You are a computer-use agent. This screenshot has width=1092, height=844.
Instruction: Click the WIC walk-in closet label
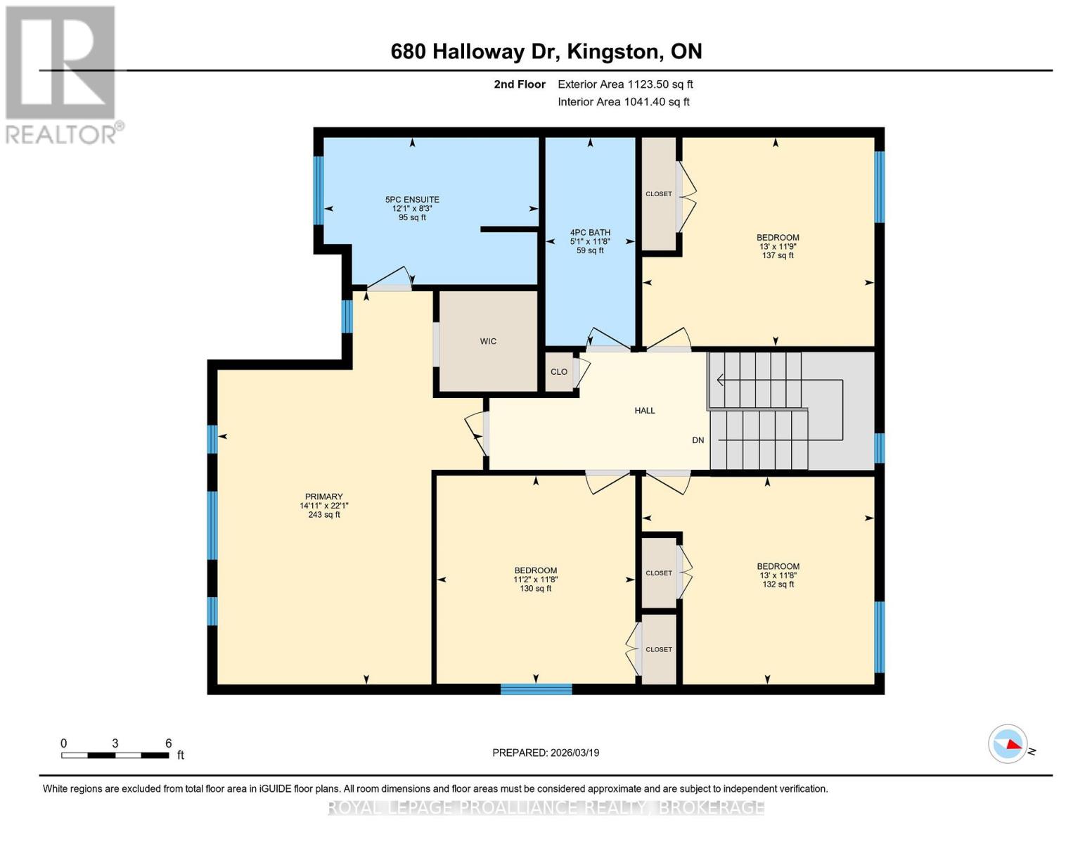(488, 341)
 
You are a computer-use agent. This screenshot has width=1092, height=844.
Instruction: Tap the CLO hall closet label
(559, 372)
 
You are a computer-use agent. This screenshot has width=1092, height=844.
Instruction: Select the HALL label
(645, 411)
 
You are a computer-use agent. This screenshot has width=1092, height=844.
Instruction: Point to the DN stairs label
(698, 440)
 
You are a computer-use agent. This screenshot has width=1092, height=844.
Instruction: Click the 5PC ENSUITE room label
(412, 200)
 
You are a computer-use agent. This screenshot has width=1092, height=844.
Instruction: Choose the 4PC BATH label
(590, 233)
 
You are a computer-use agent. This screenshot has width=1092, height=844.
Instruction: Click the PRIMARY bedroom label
(323, 497)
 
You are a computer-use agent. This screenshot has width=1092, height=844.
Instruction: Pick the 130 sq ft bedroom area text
(536, 589)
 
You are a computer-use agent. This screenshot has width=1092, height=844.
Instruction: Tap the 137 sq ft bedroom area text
(778, 255)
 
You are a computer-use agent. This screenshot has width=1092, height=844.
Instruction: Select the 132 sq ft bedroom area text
(778, 584)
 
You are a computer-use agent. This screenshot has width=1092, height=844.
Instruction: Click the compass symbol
(1008, 743)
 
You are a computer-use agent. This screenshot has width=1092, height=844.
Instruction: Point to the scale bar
(115, 755)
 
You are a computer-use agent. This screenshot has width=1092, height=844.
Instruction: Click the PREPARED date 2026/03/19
(546, 753)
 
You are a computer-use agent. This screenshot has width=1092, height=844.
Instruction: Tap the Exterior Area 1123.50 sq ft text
(625, 84)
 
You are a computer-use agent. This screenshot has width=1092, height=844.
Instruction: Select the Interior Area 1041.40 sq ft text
(624, 102)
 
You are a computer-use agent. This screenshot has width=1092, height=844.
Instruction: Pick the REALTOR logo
(63, 75)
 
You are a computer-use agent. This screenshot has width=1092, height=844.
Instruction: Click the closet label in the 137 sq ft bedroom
(659, 194)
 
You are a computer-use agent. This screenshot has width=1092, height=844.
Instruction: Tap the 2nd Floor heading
(520, 84)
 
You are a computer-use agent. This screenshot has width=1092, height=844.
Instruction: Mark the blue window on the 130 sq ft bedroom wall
(536, 689)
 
